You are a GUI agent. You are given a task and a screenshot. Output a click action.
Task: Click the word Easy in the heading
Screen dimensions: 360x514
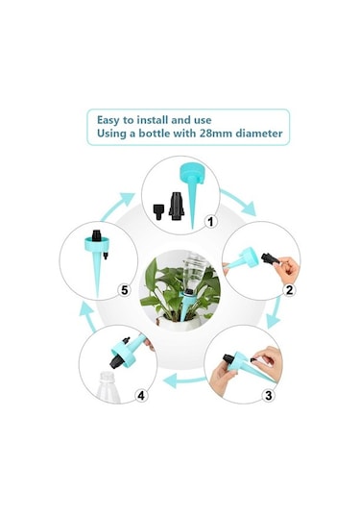point(108,120)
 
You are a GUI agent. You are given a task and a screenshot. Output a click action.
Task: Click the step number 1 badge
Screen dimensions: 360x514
point(210,222)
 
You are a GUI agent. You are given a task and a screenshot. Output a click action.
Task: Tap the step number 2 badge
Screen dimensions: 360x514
point(289,290)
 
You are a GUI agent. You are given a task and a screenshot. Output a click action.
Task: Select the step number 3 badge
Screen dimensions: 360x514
point(268,395)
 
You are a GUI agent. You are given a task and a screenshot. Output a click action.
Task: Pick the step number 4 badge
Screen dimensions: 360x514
point(141,396)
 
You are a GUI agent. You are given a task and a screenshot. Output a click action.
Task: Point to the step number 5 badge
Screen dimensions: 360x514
point(125,290)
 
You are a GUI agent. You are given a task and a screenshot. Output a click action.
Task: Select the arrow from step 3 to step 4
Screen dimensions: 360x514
point(184,381)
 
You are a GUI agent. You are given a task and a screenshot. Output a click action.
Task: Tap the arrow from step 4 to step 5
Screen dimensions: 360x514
point(87,316)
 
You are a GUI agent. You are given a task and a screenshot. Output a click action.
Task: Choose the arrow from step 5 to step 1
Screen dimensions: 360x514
point(118,206)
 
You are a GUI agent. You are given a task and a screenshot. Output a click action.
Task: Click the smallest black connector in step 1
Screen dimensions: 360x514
point(158,211)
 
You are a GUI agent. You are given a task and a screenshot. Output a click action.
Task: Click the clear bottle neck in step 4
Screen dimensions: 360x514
point(108,387)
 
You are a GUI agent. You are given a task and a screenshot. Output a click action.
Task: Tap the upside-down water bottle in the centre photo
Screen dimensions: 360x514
point(194,269)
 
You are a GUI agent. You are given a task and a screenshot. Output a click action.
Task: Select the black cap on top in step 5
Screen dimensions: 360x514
point(96,235)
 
